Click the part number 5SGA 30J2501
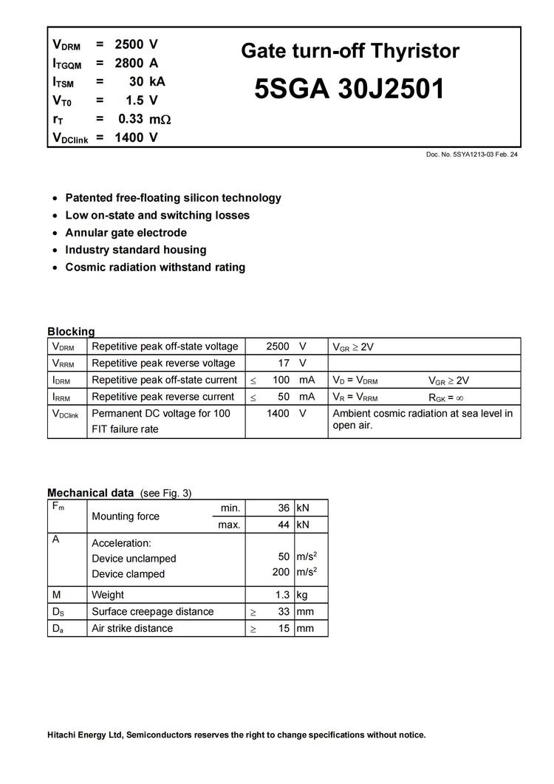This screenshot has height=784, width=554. (349, 89)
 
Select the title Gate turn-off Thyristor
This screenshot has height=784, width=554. (349, 51)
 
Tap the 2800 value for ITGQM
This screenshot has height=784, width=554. (129, 64)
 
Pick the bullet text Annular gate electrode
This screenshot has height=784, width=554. (126, 233)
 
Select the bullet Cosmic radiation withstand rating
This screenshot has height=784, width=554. (155, 267)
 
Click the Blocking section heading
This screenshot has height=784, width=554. (71, 332)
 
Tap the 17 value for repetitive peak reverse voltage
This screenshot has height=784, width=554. (284, 363)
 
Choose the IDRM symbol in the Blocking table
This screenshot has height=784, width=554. (62, 380)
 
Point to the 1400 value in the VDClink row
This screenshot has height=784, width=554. (278, 414)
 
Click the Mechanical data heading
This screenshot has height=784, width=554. (90, 493)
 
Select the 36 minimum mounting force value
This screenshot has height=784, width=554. (284, 508)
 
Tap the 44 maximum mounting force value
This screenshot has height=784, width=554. (284, 525)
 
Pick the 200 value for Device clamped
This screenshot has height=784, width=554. (281, 572)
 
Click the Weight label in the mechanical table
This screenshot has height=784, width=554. (108, 595)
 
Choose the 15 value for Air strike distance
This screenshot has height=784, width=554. (284, 629)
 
